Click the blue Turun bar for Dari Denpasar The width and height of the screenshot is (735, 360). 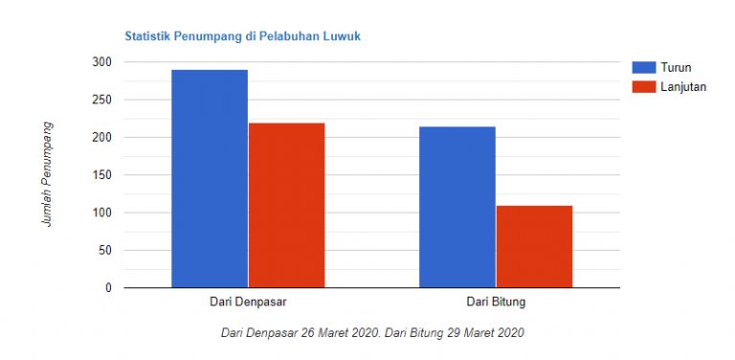[209, 178]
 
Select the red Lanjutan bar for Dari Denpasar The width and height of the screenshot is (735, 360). [286, 205]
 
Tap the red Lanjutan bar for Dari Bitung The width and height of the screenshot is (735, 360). [534, 246]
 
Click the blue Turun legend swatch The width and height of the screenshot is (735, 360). [643, 67]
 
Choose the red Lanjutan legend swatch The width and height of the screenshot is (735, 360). [643, 86]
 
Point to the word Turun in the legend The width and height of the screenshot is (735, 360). [677, 67]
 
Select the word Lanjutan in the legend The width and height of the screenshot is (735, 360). [684, 86]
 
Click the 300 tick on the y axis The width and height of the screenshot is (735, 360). [101, 62]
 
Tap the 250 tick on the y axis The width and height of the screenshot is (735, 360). [101, 100]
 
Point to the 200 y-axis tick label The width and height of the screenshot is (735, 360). [101, 138]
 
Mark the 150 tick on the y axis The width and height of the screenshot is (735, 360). [101, 175]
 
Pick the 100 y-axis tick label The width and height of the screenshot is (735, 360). [101, 213]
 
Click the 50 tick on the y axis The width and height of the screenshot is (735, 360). [104, 251]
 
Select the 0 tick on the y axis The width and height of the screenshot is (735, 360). [108, 288]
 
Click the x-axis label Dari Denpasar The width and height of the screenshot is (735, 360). [248, 303]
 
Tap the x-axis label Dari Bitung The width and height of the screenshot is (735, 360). [496, 303]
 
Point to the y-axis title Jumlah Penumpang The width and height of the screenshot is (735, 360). [47, 174]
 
